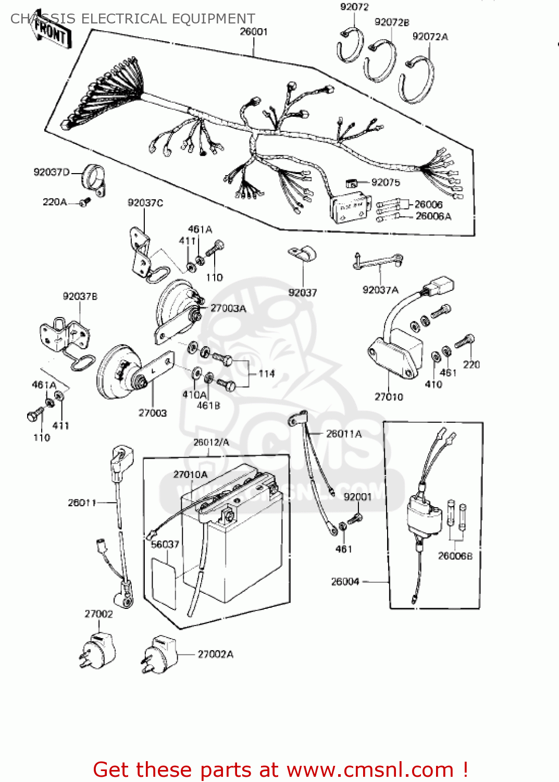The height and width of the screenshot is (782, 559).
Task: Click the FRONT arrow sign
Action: pyautogui.click(x=52, y=33)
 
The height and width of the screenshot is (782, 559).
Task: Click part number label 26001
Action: pyautogui.click(x=254, y=32)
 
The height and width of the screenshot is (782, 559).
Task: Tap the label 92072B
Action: pyautogui.click(x=392, y=22)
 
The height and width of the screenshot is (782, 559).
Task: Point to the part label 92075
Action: pyautogui.click(x=386, y=182)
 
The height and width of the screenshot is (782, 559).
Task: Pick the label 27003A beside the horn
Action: pyautogui.click(x=228, y=309)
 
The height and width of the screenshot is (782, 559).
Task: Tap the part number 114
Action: pyautogui.click(x=267, y=374)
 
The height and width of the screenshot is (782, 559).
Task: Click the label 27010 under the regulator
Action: pyautogui.click(x=389, y=397)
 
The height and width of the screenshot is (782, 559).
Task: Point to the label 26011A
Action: pyautogui.click(x=344, y=434)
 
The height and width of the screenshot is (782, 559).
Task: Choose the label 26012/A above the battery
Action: pyautogui.click(x=211, y=443)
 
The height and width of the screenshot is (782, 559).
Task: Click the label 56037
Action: pyautogui.click(x=165, y=544)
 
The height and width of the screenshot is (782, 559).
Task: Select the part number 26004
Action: pyautogui.click(x=345, y=581)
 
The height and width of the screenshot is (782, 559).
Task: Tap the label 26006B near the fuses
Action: pyautogui.click(x=455, y=556)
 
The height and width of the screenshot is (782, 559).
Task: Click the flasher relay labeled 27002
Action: pyautogui.click(x=97, y=649)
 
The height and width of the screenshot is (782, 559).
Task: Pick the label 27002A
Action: pyautogui.click(x=216, y=654)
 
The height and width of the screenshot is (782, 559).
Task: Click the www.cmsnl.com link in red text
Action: pyautogui.click(x=370, y=770)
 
